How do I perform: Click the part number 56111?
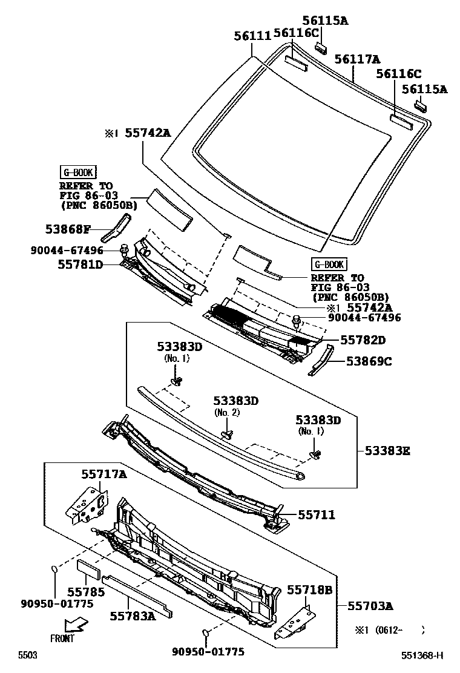252,36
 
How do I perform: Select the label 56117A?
357,59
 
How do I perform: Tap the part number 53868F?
67,229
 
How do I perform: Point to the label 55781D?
80,264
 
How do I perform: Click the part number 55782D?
363,341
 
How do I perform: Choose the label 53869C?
369,361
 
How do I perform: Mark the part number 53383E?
387,450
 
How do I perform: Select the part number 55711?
316,514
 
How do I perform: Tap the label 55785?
85,591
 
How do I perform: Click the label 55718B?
309,589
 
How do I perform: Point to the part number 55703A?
370,605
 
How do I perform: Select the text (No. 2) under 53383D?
227,412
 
